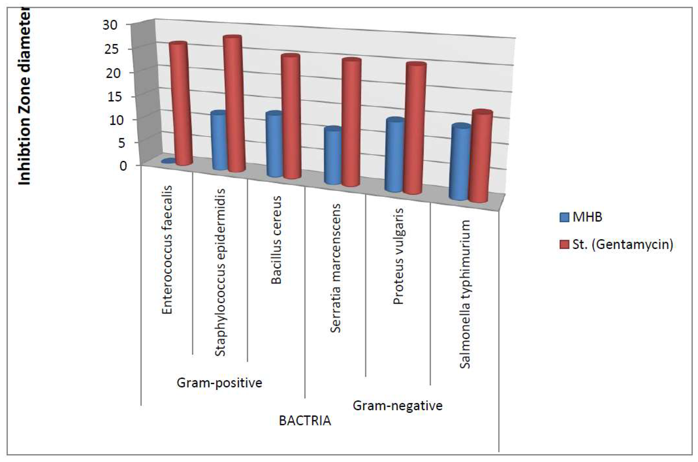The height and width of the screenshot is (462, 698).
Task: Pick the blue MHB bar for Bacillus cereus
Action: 274,144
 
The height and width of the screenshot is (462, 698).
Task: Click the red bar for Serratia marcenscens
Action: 351,122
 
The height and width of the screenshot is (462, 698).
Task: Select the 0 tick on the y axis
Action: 123,166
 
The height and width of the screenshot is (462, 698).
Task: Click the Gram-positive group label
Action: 219,383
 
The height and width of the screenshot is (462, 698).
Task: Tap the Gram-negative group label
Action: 397,406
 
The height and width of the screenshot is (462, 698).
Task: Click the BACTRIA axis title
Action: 305,421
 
